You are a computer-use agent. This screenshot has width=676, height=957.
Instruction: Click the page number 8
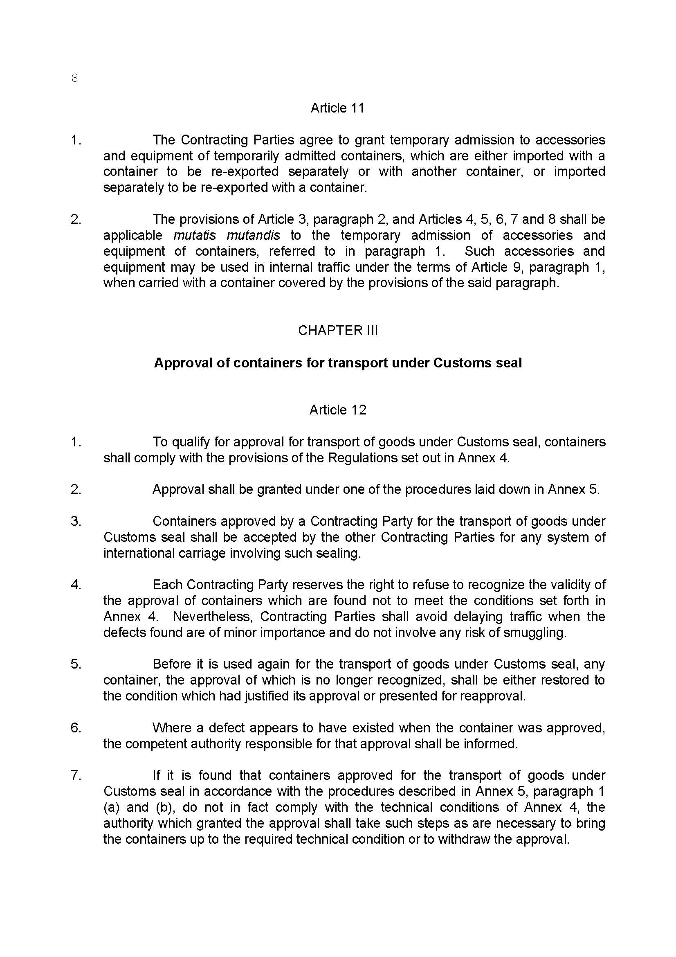click(74, 78)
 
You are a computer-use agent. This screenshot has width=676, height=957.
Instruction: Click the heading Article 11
click(337, 108)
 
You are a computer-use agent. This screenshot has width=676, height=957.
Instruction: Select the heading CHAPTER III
click(338, 331)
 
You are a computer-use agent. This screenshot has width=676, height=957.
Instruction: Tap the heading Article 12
click(337, 410)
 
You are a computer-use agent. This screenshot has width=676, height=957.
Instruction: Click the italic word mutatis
click(195, 236)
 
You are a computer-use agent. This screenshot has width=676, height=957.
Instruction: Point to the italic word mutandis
click(253, 236)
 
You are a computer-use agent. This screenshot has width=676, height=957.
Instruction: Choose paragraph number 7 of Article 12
click(75, 776)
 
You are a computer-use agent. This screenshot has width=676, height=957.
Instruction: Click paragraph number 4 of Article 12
click(75, 585)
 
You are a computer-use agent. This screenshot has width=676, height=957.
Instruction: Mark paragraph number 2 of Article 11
click(75, 220)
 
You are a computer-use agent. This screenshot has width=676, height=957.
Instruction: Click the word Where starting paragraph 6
click(172, 728)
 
